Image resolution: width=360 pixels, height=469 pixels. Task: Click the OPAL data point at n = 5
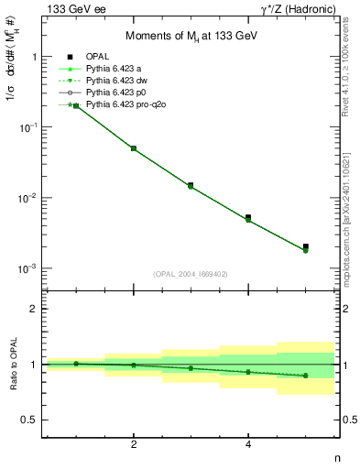306,246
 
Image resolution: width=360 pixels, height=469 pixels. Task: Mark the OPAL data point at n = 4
248,218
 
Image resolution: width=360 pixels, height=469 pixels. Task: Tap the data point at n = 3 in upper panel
191,185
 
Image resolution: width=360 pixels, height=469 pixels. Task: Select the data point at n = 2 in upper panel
134,148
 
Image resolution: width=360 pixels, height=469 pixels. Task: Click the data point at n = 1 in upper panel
76,106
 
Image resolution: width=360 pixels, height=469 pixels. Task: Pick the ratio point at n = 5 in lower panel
306,376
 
